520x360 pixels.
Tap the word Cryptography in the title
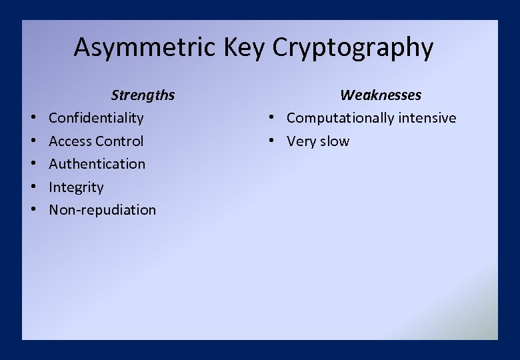coord(353,48)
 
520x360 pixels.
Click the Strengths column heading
coord(143,95)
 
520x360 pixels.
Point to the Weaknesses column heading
coord(381,95)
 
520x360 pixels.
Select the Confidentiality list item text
coord(96,118)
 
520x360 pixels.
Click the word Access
coord(70,141)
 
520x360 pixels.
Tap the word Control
coord(119,141)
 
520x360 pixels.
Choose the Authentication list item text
coord(97,164)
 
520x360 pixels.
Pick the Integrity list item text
coord(76,187)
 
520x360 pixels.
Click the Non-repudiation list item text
coord(102,210)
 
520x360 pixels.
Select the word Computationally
coord(341,118)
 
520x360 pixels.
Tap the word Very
coord(301,141)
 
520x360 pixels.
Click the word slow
coord(334,141)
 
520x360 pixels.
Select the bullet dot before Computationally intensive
coord(273,119)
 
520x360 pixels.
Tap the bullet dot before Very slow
coord(273,141)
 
